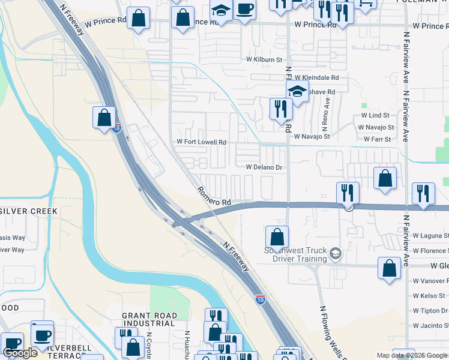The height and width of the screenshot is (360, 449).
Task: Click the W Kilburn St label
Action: (x=264, y=60)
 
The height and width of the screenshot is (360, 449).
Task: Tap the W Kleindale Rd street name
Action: (x=318, y=78)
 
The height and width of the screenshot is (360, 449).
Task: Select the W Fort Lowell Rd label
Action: (x=201, y=142)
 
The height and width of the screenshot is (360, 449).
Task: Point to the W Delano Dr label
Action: (x=264, y=167)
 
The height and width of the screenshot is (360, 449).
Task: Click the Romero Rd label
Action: (x=214, y=196)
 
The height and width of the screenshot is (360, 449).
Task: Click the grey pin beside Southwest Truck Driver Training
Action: (x=336, y=254)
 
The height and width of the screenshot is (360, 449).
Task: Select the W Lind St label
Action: (x=375, y=115)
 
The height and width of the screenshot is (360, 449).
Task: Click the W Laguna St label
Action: (x=430, y=236)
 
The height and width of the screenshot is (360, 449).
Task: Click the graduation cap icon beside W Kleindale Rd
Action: (x=297, y=92)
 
